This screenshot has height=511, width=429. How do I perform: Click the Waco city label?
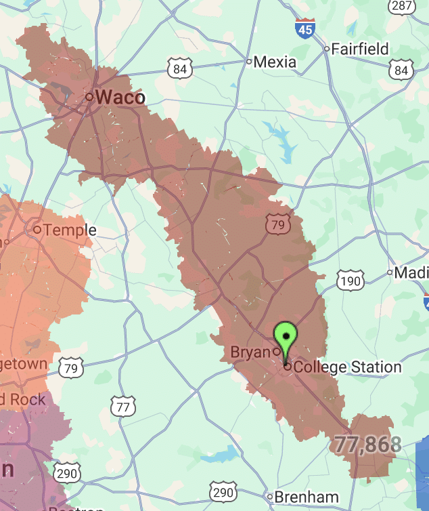tap(120, 98)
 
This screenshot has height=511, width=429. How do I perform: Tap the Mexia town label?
tap(274, 62)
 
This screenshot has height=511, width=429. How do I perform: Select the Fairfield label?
tap(359, 49)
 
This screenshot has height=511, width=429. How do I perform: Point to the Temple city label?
tap(70, 230)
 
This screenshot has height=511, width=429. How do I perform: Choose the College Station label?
tap(348, 367)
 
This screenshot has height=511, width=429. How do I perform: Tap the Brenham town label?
tap(307, 497)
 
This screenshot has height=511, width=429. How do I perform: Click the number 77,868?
tap(367, 445)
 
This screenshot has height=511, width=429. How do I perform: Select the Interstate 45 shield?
tap(304, 29)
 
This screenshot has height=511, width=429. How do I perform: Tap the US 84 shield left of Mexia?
tap(180, 68)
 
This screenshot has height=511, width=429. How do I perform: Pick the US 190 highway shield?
tap(351, 281)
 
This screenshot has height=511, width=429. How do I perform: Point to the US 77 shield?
tap(122, 407)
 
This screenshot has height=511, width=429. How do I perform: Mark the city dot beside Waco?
tap(89, 97)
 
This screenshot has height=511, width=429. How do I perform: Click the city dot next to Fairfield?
tap(327, 49)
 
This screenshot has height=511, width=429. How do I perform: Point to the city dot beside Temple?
tap(37, 230)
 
